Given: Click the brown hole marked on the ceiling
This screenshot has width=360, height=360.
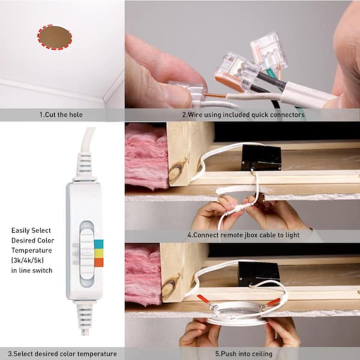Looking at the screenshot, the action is tap(55, 37).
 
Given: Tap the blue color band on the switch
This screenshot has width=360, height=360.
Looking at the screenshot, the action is tap(99, 244).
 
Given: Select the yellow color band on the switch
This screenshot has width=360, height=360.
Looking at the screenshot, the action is tap(99, 253).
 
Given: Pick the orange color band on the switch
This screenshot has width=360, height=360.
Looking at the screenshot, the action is tap(99, 262).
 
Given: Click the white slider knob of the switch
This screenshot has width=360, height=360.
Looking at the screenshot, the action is tap(87, 254).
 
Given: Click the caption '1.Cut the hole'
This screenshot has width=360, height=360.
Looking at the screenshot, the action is tap(61, 115).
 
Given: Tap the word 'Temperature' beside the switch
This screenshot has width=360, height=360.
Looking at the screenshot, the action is tap(31, 250).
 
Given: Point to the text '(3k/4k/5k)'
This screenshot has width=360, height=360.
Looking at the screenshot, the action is tap(28, 260).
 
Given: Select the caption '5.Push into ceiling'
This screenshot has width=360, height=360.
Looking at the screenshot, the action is tap(244, 353).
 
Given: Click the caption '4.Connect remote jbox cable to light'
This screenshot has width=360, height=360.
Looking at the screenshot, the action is tap(244, 235).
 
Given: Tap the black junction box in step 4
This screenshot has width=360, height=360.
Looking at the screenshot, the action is tap(262, 157).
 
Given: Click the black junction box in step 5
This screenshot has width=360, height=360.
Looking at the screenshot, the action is tap(259, 274).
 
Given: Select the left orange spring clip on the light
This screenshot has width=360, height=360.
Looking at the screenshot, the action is tap(205, 299).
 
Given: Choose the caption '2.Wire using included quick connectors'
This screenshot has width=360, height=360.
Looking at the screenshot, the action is tap(244, 115).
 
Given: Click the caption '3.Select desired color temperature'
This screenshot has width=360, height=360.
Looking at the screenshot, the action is tap(62, 353).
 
